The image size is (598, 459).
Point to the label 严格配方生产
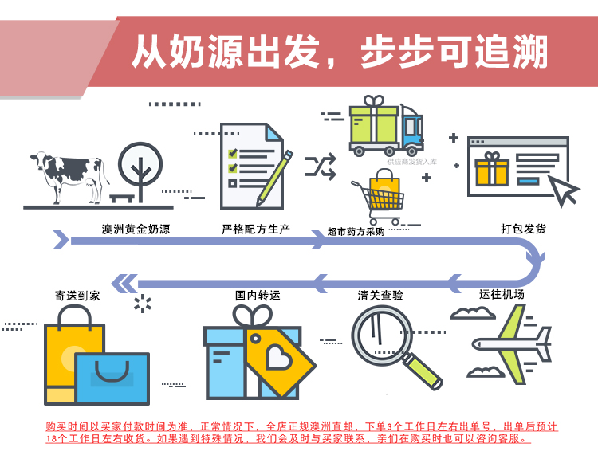(255, 229)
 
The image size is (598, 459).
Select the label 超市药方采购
(356, 232)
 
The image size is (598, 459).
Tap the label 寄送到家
(77, 295)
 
